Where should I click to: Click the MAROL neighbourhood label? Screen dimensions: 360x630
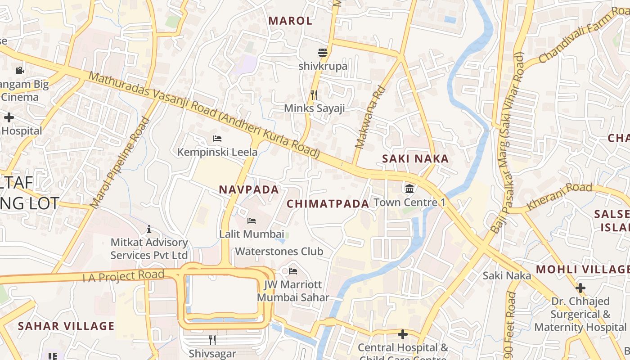(x=290, y=21)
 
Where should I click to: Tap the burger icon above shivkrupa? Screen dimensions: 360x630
(x=323, y=53)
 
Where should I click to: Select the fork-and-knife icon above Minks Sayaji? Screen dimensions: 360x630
(x=314, y=95)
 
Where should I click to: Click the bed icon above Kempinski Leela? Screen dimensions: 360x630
(x=217, y=139)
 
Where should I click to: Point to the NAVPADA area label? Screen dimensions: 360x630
(x=249, y=189)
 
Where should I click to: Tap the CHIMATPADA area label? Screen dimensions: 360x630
(x=328, y=204)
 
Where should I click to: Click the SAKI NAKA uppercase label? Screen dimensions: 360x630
(x=415, y=158)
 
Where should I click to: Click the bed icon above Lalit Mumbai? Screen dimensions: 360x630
(x=252, y=221)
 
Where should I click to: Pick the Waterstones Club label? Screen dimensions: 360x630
(x=279, y=251)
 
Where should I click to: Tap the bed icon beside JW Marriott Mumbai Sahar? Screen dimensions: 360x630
(x=293, y=271)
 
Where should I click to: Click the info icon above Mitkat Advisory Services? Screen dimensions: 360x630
(x=149, y=229)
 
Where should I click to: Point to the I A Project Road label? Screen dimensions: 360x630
(x=123, y=275)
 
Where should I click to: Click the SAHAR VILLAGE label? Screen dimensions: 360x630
(x=66, y=326)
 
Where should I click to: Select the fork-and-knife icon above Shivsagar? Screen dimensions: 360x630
(x=212, y=340)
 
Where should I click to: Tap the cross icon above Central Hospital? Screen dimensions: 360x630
(x=403, y=334)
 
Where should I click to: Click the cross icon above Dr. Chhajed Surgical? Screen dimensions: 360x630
(x=580, y=288)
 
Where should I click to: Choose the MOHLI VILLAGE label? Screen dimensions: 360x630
(x=582, y=270)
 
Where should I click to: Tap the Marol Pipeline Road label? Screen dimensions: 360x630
(x=120, y=163)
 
